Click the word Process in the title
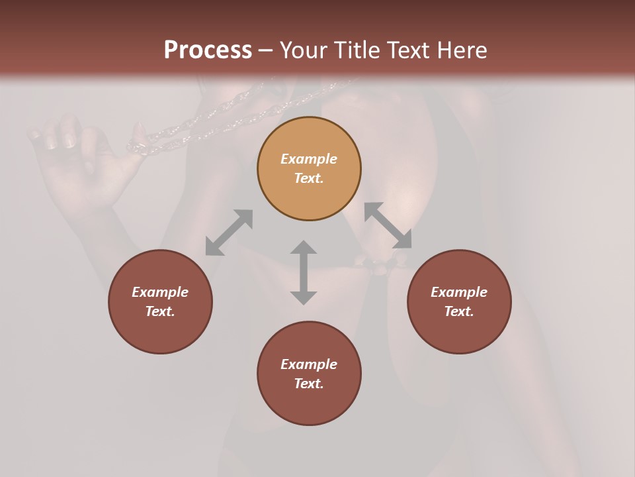tap(208, 50)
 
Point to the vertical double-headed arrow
tap(304, 272)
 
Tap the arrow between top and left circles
tap(229, 233)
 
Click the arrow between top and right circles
tap(388, 225)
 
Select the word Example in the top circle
tap(309, 159)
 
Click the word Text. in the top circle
tap(309, 178)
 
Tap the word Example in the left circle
tap(160, 292)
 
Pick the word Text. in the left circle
tap(160, 311)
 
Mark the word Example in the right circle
tap(459, 292)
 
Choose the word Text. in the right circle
tap(459, 311)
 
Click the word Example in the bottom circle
tap(309, 364)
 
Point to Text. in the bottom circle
tap(309, 384)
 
